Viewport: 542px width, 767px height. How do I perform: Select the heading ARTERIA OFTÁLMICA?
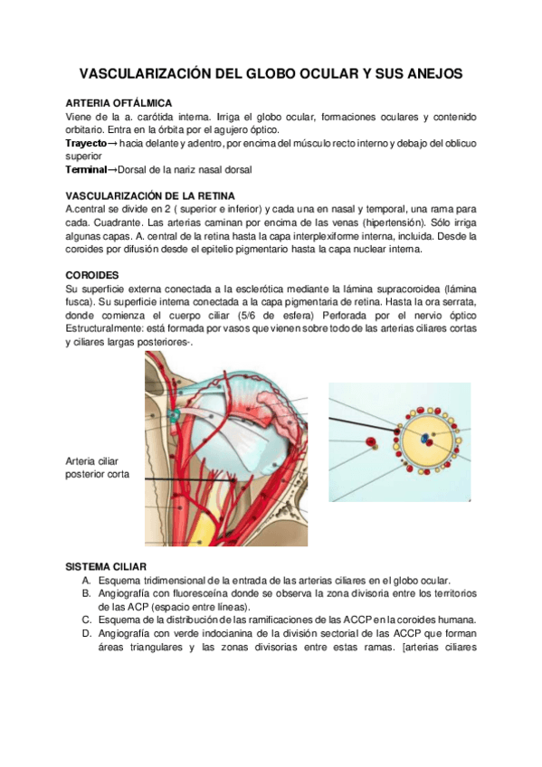point(119,104)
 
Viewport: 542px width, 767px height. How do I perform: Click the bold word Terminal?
point(86,169)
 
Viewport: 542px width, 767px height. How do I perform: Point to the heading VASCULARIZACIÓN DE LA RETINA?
point(150,195)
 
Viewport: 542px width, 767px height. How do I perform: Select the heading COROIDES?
point(92,274)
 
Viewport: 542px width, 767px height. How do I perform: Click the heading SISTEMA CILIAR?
point(107,566)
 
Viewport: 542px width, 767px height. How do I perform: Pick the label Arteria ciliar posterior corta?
point(98,467)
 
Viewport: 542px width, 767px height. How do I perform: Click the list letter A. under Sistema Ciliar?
point(85,580)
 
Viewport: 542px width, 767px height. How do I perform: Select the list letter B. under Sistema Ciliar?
point(85,593)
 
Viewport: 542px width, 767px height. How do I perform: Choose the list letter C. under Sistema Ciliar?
point(85,620)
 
